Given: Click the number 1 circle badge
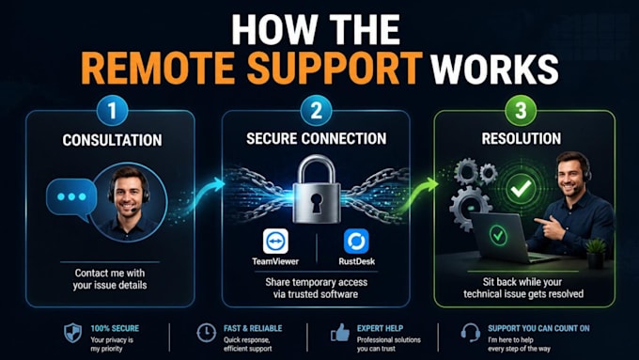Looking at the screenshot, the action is pos(113,110).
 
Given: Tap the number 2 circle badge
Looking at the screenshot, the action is pos(317,110).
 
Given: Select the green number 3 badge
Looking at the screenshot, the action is pos(521,110).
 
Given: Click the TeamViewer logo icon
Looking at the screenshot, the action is pos(275,241).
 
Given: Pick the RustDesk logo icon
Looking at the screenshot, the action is pos(356,241).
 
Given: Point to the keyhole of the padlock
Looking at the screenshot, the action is pos(317,203).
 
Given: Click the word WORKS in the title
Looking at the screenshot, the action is pos(494,68).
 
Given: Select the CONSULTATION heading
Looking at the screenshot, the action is pos(112,140).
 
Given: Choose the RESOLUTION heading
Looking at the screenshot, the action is pos(522,138).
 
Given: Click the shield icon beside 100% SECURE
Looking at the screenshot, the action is pos(73,333).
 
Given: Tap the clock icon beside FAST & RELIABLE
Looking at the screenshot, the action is pos(206,333).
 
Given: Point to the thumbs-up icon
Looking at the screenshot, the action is pos(340,333).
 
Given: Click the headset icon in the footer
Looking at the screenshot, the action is pos(470,333).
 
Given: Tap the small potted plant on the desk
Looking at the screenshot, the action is pos(596,253).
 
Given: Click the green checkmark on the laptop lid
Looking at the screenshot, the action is pos(498,235).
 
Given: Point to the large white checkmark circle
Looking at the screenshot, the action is pos(522,188).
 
